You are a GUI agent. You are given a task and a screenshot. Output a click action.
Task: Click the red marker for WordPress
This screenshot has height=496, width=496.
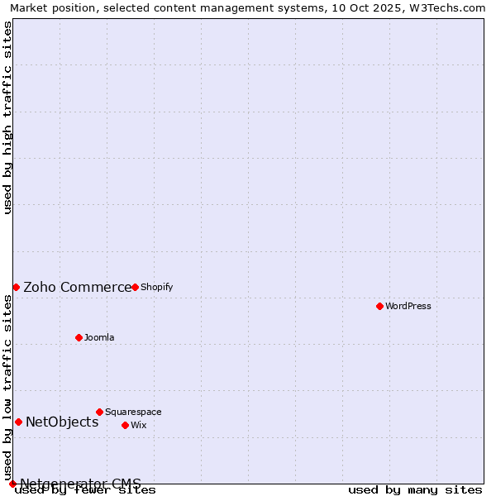(379, 306)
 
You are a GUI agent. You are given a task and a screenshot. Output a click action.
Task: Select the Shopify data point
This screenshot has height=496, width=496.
(135, 287)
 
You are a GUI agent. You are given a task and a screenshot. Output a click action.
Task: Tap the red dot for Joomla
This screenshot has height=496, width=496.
(79, 337)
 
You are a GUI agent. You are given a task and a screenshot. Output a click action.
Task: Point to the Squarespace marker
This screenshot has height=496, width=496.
(99, 412)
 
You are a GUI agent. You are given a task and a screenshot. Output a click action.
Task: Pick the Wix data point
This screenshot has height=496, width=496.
(125, 425)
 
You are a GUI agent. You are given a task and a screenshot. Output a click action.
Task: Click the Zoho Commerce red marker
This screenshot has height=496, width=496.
(16, 287)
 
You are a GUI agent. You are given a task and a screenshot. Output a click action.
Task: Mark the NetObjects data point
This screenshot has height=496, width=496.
(18, 422)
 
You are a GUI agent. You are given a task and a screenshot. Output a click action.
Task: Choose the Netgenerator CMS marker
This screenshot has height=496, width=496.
(12, 484)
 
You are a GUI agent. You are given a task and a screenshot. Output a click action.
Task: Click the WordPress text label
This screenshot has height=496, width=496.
(408, 306)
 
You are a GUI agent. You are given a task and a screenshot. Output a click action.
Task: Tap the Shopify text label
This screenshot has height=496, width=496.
(156, 287)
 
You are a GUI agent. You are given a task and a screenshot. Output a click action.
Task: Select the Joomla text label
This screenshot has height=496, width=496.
(99, 337)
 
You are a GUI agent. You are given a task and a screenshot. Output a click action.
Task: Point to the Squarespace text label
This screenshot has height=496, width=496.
(133, 412)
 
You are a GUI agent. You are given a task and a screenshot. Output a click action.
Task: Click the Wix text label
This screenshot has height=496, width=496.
(138, 425)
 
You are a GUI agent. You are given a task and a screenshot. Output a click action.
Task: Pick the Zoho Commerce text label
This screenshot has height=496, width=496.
(77, 287)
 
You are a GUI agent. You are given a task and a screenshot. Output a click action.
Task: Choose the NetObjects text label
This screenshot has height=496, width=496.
(62, 422)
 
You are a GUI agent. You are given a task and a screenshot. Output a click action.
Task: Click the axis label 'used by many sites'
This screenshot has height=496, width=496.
(415, 489)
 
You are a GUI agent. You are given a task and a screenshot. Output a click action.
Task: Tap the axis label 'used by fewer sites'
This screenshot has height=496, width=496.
(86, 489)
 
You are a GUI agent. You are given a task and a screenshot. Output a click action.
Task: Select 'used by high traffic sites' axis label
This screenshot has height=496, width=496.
(8, 117)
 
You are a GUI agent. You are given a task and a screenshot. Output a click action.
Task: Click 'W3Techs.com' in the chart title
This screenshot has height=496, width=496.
(450, 8)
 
